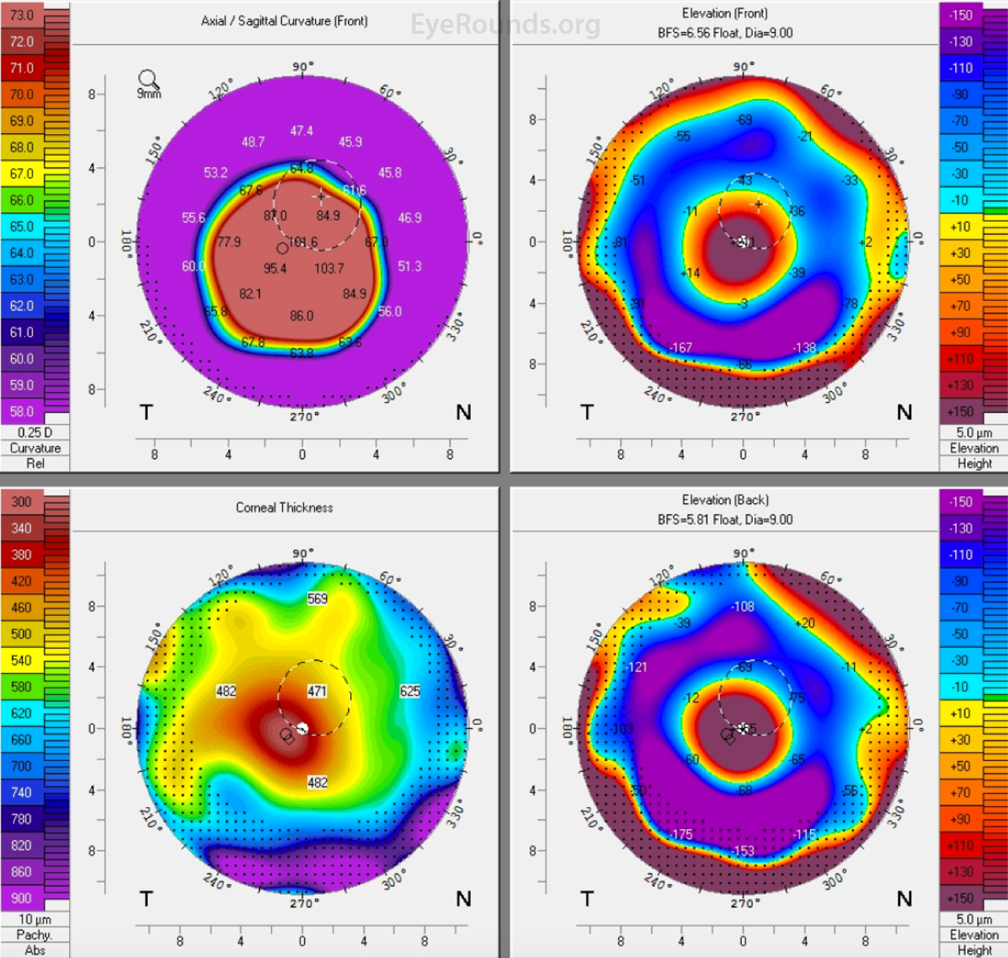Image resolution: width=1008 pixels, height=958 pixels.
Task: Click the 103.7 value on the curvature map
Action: [x=329, y=269]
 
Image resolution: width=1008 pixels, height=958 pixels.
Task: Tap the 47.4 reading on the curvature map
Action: [x=301, y=131]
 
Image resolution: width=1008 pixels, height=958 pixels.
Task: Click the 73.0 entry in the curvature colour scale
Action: [x=22, y=15]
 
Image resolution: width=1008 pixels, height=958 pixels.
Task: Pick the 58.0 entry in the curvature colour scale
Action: [x=22, y=411]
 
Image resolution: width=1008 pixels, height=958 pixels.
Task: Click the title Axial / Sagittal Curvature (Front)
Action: [x=284, y=21]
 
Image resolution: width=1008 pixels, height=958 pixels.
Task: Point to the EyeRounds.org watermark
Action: [x=505, y=25]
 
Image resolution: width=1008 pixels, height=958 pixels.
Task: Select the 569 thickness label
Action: [x=317, y=599]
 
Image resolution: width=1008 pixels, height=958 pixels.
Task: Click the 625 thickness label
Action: [x=410, y=691]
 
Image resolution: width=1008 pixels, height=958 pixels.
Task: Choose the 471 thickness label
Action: [x=317, y=691]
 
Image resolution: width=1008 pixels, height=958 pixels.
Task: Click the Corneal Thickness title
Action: [x=284, y=508]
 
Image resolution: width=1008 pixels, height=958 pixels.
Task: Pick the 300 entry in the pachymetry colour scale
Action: [x=22, y=502]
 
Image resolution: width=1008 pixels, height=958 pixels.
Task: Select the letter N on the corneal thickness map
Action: [x=463, y=899]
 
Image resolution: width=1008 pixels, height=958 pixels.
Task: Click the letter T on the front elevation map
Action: [x=587, y=412]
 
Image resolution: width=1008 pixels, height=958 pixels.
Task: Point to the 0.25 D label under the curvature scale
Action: [x=35, y=433]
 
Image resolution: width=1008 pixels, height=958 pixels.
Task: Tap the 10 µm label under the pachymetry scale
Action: [x=35, y=919]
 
